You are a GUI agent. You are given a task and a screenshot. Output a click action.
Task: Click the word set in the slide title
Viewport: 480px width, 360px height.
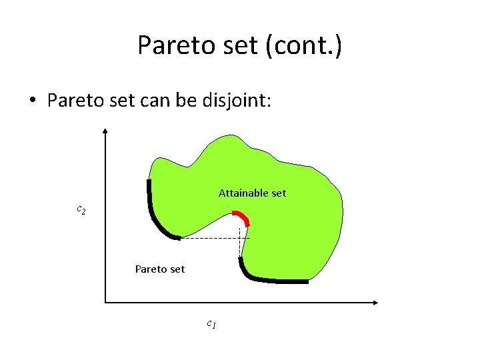pyautogui.click(x=237, y=45)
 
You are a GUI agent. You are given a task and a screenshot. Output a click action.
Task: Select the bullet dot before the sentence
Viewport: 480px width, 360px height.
pyautogui.click(x=31, y=101)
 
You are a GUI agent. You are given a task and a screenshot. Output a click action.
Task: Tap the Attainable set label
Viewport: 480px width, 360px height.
pyautogui.click(x=252, y=193)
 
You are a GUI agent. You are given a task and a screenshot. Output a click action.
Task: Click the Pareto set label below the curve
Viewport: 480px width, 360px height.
pyautogui.click(x=160, y=269)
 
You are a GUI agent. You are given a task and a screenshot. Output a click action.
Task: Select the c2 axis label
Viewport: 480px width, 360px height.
pyautogui.click(x=81, y=210)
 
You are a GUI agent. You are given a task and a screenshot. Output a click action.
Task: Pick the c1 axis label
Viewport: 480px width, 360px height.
pyautogui.click(x=210, y=325)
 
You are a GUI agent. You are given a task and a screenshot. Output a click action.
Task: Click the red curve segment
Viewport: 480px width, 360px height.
pyautogui.click(x=241, y=217)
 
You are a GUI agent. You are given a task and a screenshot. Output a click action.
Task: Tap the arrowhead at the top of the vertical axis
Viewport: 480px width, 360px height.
pyautogui.click(x=105, y=131)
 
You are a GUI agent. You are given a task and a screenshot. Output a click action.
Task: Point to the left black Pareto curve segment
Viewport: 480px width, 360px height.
pyautogui.click(x=155, y=213)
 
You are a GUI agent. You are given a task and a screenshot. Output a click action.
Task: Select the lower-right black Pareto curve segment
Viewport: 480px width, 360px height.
pyautogui.click(x=267, y=279)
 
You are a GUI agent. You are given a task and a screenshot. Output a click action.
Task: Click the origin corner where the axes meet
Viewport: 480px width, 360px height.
pyautogui.click(x=105, y=303)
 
